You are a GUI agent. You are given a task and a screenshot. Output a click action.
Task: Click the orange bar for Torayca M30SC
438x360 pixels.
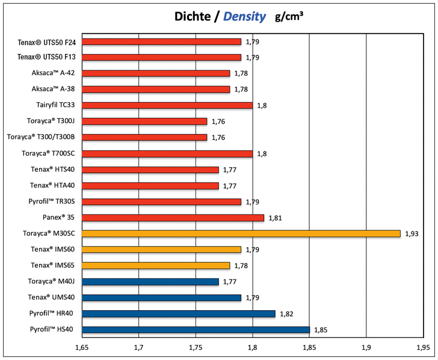[241, 233]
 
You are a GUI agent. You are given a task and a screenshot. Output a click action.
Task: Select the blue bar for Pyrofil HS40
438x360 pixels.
[196, 329]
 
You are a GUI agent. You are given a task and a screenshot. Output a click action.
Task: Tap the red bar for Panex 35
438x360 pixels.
[173, 218]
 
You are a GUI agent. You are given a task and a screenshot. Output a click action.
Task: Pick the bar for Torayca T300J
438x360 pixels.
[144, 121]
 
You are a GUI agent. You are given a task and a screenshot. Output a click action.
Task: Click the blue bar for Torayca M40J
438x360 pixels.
[150, 281]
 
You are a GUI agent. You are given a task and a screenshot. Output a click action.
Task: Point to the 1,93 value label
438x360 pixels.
[412, 234]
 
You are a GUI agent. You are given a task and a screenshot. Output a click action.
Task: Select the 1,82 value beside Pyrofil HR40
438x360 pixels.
[286, 314]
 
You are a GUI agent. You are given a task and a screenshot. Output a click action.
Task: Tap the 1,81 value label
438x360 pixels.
[275, 218]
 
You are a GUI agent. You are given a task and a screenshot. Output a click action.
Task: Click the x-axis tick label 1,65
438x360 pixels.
[82, 347]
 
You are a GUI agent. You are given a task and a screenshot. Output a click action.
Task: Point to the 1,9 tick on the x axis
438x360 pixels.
[366, 347]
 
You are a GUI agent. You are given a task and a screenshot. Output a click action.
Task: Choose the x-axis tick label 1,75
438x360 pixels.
[196, 347]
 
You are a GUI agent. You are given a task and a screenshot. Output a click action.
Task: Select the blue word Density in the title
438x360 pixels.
[245, 17]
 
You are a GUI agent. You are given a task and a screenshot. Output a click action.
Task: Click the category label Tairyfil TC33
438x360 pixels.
[54, 105]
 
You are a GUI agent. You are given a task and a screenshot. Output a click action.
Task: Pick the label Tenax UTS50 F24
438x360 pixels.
[47, 41]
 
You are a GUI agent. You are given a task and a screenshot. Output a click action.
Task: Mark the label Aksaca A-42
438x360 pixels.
[53, 73]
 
